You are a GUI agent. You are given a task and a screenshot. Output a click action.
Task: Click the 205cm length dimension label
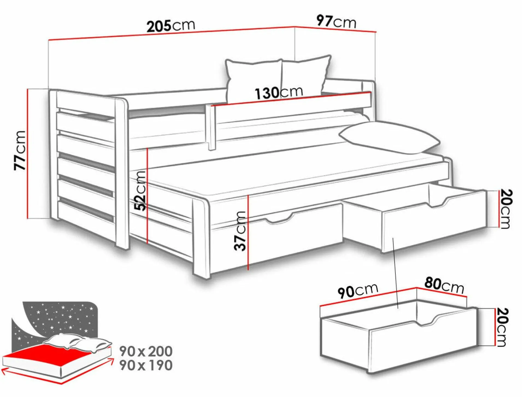pyautogui.click(x=171, y=26)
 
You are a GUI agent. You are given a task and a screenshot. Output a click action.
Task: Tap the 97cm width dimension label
pyautogui.click(x=336, y=21)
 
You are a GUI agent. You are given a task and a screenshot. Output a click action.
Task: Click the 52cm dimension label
pyautogui.click(x=140, y=190)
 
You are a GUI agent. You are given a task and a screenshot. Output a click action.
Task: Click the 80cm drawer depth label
pyautogui.click(x=444, y=285)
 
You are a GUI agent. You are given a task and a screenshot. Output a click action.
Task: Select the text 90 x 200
pyautogui.click(x=146, y=351)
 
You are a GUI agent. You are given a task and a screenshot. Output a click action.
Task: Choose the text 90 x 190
pyautogui.click(x=146, y=365)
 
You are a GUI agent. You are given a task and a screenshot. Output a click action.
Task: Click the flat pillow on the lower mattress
pyautogui.click(x=389, y=137)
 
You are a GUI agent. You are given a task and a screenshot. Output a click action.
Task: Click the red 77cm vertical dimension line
pyautogui.click(x=28, y=154)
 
